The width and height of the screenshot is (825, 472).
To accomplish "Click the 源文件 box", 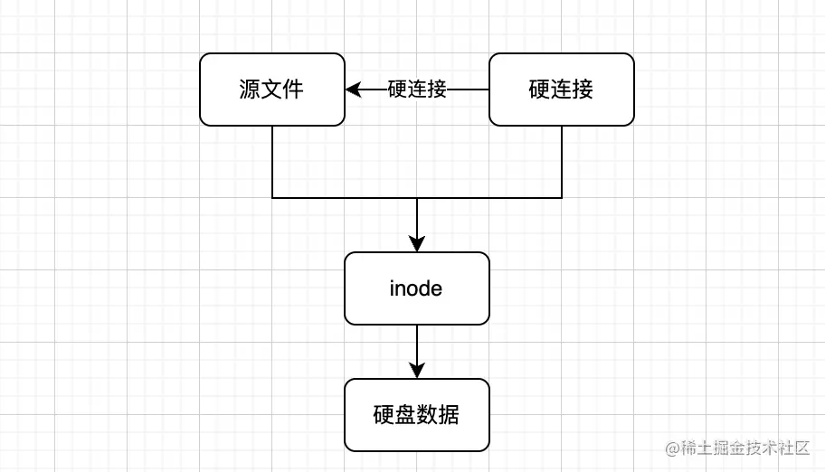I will click(x=271, y=89).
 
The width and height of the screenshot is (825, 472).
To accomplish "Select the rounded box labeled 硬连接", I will click(x=561, y=89).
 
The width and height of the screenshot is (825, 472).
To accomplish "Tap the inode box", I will click(x=416, y=288).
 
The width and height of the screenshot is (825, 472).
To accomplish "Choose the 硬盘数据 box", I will click(x=416, y=415).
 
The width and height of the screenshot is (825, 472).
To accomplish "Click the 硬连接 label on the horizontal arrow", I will click(x=417, y=90).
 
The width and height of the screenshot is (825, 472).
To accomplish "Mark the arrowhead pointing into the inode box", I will click(x=417, y=244).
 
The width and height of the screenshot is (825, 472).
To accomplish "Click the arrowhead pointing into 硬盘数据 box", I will click(x=417, y=371).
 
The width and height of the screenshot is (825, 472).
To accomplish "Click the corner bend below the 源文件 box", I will click(x=272, y=197).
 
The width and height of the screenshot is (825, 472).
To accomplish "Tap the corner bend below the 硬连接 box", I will click(x=562, y=197).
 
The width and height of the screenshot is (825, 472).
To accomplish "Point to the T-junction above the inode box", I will click(x=417, y=197).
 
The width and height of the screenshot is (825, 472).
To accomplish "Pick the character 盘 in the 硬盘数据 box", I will click(x=405, y=415).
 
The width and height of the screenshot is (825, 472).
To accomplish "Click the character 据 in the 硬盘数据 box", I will click(x=449, y=415).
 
